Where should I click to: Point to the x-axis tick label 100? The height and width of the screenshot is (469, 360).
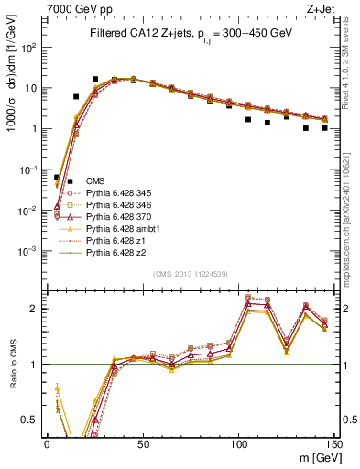(238, 442)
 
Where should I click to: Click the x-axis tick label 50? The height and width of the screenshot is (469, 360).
(142, 442)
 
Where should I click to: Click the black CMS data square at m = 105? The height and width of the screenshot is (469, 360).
(248, 119)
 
